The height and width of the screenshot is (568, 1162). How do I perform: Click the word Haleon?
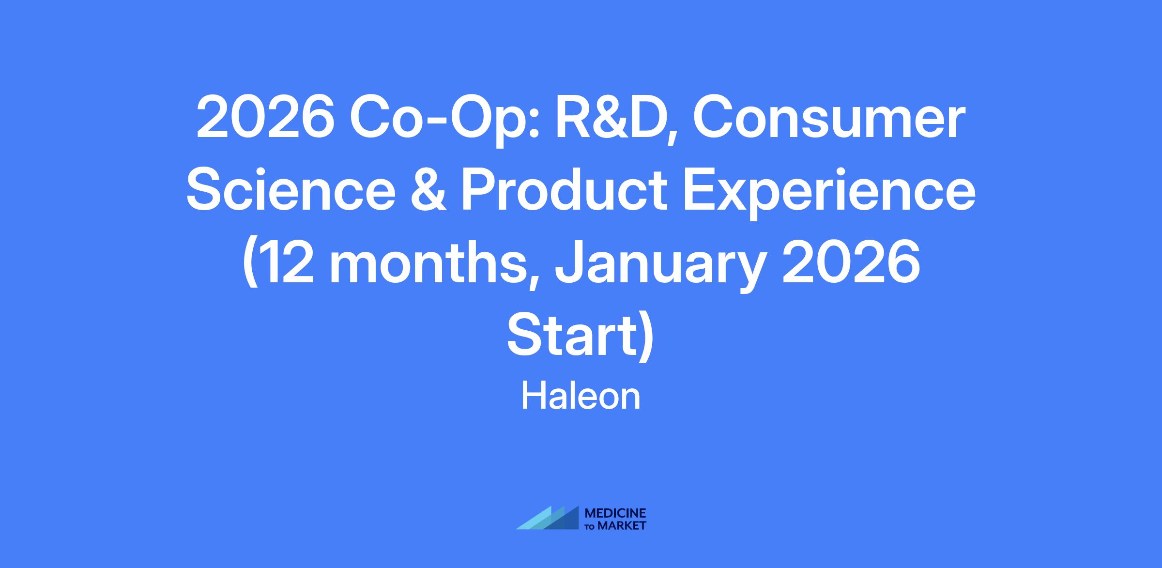coord(581,397)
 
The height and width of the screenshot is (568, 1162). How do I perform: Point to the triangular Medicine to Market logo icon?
coord(548,518)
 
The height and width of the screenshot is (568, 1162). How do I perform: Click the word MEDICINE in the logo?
coord(615,513)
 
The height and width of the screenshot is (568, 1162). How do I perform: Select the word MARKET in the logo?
coord(622,525)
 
